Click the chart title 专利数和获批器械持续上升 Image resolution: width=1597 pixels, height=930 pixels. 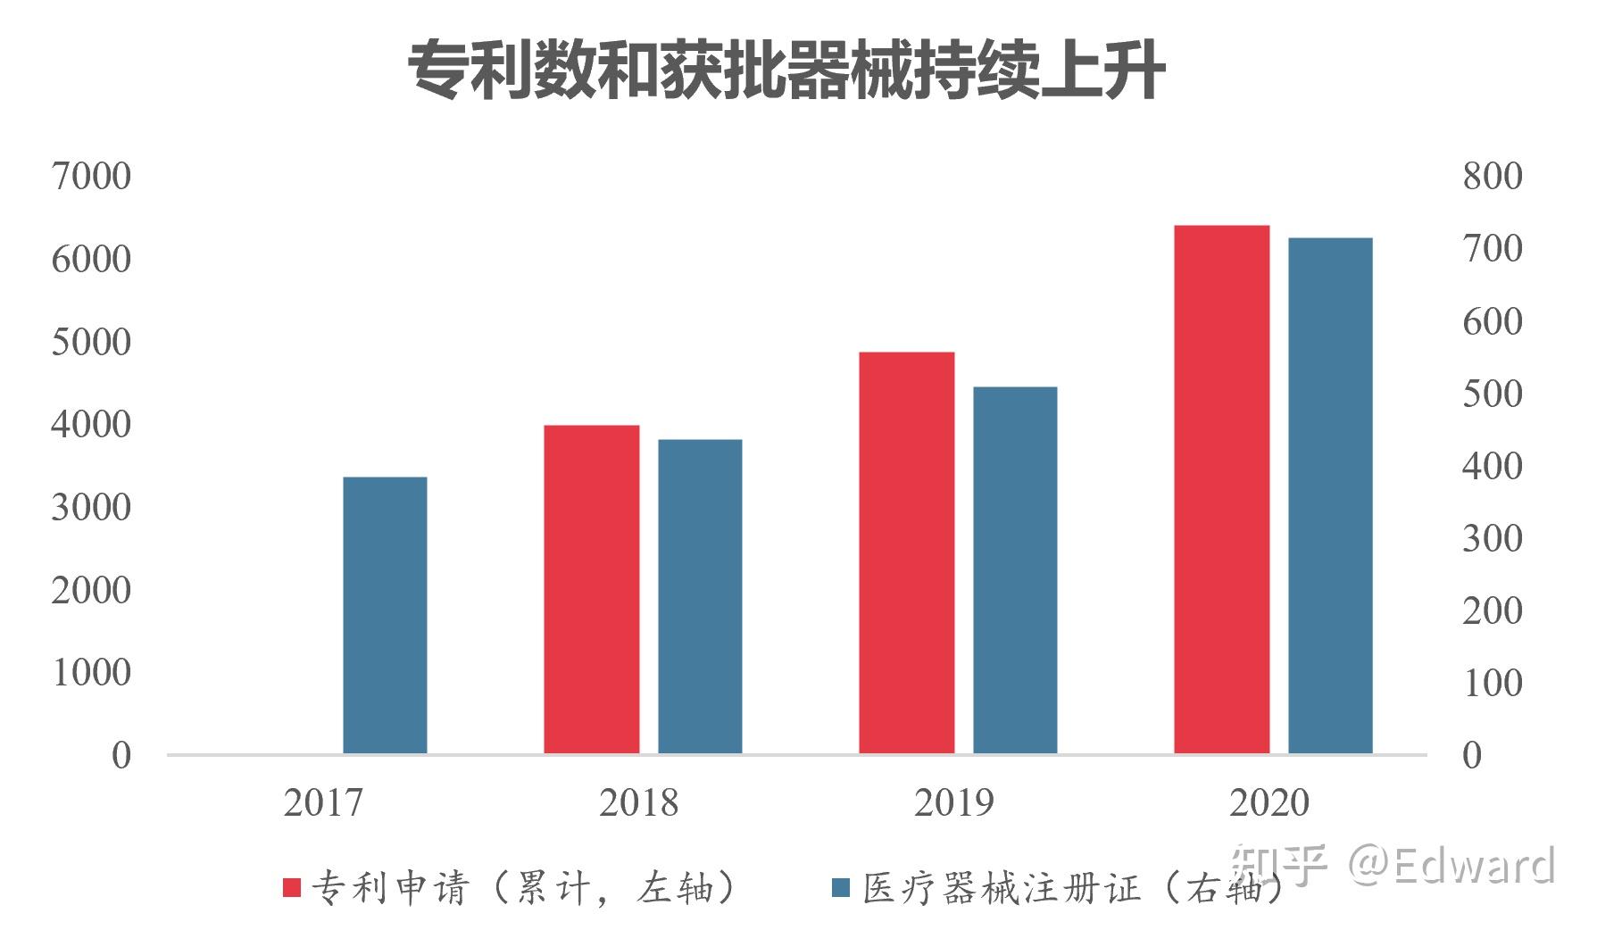click(786, 71)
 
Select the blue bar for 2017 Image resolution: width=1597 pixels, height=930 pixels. click(385, 616)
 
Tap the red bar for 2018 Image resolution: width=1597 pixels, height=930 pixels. click(592, 589)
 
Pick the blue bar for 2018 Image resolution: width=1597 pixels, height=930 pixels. click(700, 596)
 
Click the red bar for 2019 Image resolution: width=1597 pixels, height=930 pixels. click(906, 553)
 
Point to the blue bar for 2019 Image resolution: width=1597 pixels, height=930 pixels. click(1015, 570)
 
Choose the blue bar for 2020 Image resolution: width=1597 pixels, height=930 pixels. click(1330, 495)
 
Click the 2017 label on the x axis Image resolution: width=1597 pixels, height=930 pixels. click(323, 803)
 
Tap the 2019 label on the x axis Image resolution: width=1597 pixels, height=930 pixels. click(953, 803)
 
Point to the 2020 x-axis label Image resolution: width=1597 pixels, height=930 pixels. click(1268, 803)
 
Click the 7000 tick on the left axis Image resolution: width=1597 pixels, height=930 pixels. click(91, 177)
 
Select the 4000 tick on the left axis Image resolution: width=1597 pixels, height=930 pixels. click(91, 425)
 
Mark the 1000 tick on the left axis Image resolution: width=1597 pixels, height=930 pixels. click(91, 673)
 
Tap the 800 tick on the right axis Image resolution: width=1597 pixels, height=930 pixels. click(1492, 177)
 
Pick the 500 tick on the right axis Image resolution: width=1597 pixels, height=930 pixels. click(1492, 394)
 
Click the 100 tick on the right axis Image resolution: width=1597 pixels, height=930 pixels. click(1492, 684)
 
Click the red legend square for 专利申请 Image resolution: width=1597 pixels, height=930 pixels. click(292, 887)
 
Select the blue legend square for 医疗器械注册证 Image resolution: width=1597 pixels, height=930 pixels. click(840, 887)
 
